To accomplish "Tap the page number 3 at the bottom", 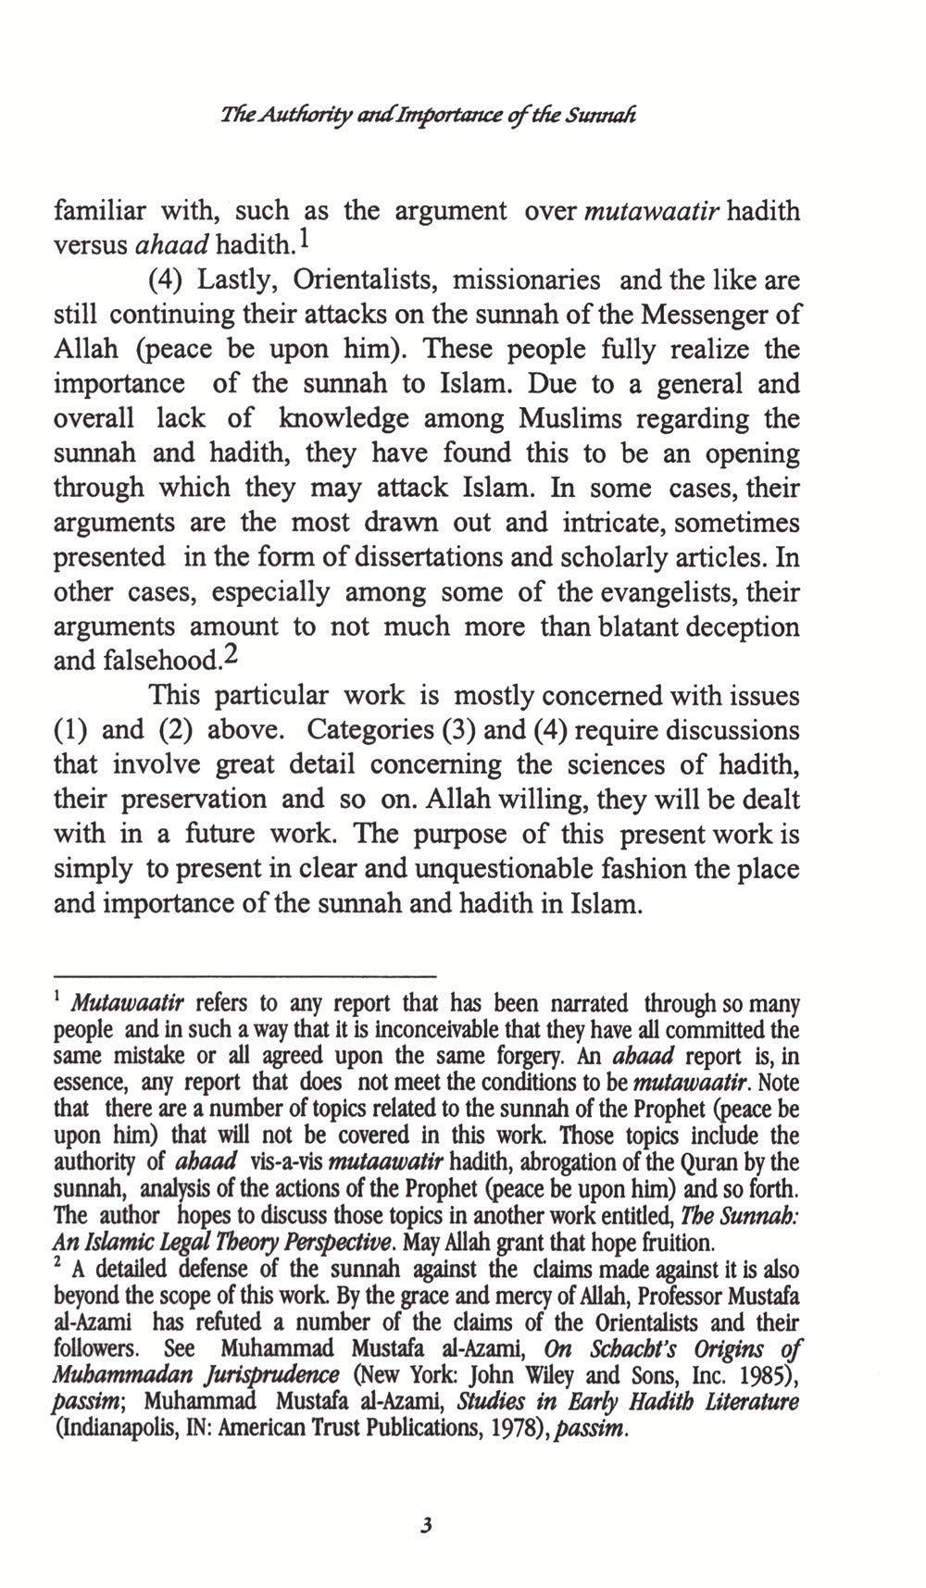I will pyautogui.click(x=425, y=1525).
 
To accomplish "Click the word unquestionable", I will pyautogui.click(x=514, y=870).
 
